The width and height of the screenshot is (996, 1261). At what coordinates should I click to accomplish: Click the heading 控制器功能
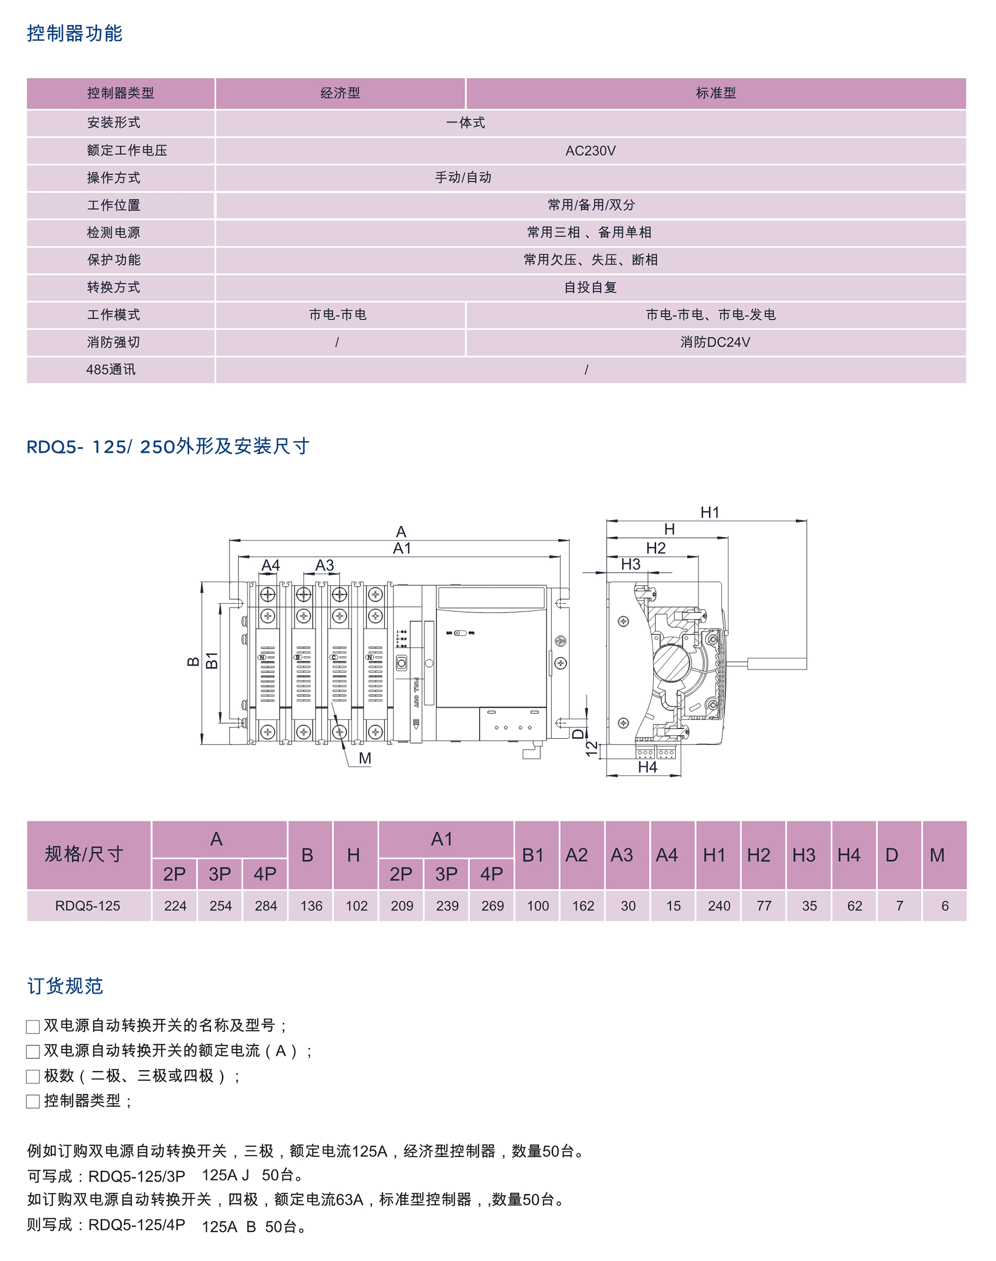(74, 33)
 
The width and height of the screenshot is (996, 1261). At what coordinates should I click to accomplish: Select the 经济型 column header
(340, 93)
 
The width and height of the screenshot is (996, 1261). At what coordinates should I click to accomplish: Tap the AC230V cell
(590, 150)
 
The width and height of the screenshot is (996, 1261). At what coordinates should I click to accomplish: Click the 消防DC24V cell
(715, 342)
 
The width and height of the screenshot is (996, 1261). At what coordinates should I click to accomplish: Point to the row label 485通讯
(111, 370)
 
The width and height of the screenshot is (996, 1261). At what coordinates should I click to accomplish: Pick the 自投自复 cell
(590, 287)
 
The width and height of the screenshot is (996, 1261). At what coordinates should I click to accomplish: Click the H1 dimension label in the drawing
(710, 512)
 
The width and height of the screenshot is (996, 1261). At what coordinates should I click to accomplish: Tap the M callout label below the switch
(365, 758)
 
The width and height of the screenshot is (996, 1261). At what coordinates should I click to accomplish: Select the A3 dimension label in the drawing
(324, 565)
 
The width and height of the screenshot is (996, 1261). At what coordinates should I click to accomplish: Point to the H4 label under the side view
(647, 767)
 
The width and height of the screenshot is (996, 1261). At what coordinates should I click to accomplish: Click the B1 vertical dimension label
(212, 660)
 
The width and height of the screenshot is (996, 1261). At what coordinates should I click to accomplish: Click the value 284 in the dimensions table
(266, 906)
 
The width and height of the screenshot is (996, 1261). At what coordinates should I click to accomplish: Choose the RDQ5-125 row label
(88, 906)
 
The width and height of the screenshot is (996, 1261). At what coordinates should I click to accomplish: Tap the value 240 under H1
(719, 906)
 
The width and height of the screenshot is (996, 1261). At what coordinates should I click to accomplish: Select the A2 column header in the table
(576, 855)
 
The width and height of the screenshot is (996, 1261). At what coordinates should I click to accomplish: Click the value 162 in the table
(583, 906)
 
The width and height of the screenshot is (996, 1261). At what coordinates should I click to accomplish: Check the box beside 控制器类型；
(33, 1102)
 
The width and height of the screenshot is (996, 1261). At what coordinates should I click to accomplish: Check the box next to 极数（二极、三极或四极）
(33, 1077)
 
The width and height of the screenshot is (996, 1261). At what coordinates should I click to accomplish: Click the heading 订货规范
(65, 986)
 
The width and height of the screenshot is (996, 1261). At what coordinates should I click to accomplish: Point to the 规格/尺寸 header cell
(84, 855)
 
